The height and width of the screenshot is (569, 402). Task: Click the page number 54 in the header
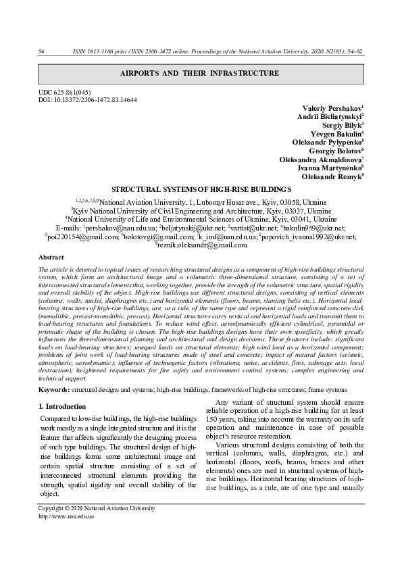pos(41,51)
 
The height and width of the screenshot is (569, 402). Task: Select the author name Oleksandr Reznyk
pos(328,178)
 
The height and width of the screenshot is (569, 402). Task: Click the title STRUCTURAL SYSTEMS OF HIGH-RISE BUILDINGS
pos(201,191)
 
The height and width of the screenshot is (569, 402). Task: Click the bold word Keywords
pos(54,390)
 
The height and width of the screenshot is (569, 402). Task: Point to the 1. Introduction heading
pos(62,407)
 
